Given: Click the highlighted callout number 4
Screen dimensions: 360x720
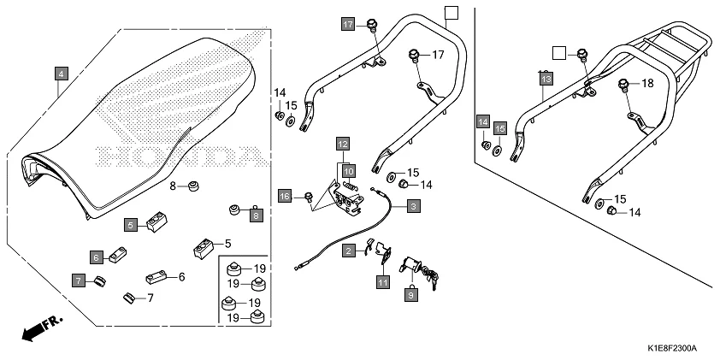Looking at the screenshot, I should click(60, 74).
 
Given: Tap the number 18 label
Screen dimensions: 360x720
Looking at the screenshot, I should click(647, 83).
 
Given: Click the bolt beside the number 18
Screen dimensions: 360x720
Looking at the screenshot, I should click(625, 84).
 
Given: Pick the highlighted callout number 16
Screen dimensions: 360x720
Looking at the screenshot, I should click(286, 197).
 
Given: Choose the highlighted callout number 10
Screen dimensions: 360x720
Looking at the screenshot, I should click(349, 171).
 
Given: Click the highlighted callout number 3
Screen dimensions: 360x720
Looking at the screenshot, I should click(412, 206).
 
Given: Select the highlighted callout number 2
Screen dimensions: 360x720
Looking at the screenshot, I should click(349, 251).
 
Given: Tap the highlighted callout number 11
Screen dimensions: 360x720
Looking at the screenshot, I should click(383, 281).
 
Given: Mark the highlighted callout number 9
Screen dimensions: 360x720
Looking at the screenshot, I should click(410, 295).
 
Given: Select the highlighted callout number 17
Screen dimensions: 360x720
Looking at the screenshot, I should click(348, 24).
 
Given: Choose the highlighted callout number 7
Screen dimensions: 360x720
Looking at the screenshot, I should click(78, 280).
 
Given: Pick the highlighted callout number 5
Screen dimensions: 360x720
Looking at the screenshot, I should click(131, 225).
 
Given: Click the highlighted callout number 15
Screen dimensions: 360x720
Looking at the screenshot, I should click(500, 128).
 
